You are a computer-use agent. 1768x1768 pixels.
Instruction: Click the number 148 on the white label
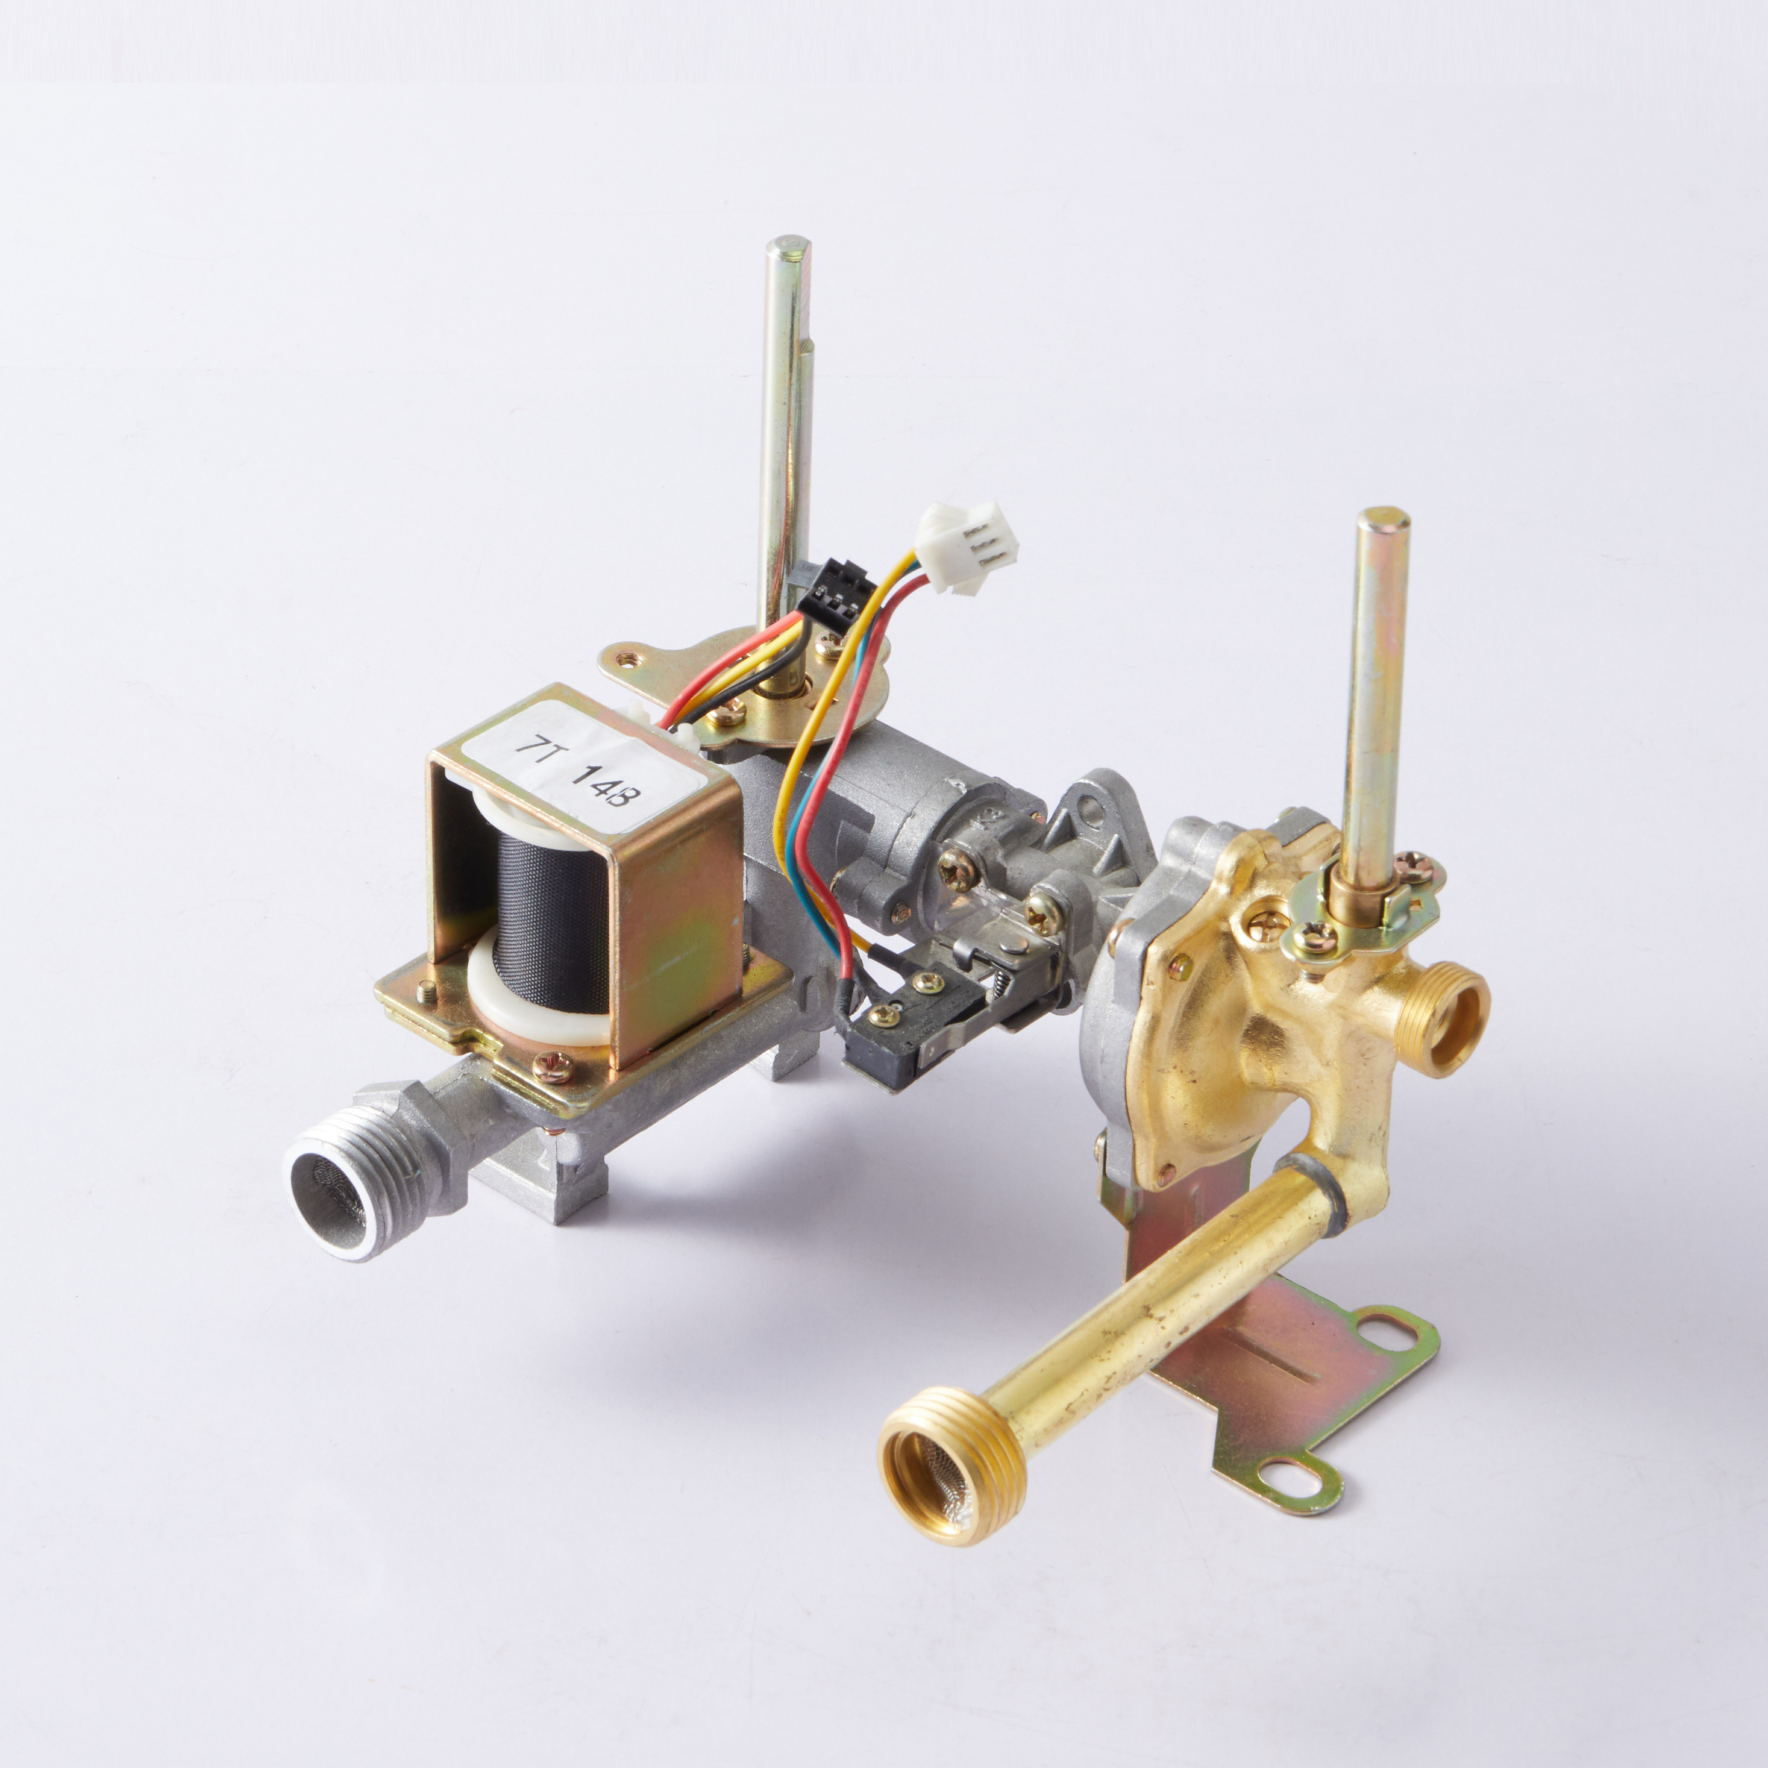click(607, 794)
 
